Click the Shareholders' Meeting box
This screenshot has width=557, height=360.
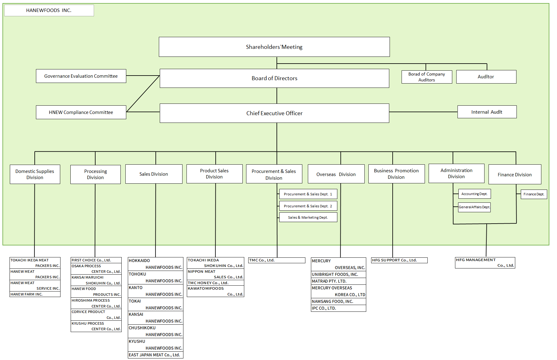[x=274, y=47]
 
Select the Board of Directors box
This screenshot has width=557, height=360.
[x=274, y=78]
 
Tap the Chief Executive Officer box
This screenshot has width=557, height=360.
[x=274, y=113]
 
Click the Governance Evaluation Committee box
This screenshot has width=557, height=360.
[x=81, y=76]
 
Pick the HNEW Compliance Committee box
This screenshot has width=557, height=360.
[x=81, y=112]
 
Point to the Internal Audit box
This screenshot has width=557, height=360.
[x=487, y=112]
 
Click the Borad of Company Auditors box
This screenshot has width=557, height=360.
[x=426, y=77]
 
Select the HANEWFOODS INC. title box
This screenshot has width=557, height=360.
[x=49, y=10]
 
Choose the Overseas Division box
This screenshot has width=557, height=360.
[x=336, y=174]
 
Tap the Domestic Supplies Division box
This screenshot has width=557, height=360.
[x=35, y=174]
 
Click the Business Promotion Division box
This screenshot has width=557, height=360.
[x=396, y=174]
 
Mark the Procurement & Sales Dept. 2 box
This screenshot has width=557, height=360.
[x=308, y=206]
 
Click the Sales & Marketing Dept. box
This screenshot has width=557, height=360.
[x=308, y=217]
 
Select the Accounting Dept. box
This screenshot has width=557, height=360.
[x=474, y=194]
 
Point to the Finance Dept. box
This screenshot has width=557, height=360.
[x=534, y=194]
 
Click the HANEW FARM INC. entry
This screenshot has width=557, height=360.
[x=35, y=294]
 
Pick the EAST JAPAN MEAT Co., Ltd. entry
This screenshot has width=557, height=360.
[x=155, y=355]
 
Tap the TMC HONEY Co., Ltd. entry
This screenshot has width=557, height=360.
[x=215, y=283]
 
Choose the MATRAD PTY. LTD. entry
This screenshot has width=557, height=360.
[x=338, y=281]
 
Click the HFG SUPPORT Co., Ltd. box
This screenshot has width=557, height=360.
[x=399, y=260]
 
